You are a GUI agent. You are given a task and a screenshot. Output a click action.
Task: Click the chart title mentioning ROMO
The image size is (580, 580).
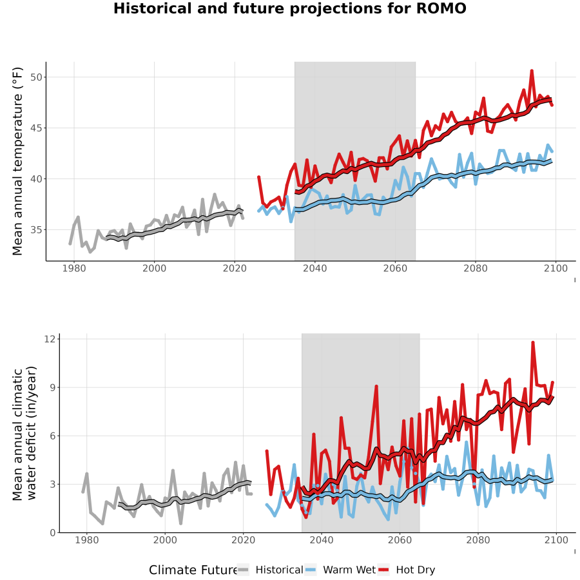point(289,8)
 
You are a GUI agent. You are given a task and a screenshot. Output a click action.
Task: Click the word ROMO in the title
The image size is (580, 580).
point(441,8)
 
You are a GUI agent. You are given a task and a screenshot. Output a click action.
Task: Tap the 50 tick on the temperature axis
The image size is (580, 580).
point(37,77)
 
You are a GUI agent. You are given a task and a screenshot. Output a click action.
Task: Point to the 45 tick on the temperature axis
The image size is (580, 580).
point(37,128)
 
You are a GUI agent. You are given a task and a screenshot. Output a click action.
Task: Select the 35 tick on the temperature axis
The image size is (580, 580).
point(37,229)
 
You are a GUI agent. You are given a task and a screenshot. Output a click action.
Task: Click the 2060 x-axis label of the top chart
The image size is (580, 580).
point(395,268)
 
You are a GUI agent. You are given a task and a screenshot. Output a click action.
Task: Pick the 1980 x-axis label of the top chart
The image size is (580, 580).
point(74,268)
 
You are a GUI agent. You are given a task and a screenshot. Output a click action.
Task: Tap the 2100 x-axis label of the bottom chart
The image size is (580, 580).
point(556,540)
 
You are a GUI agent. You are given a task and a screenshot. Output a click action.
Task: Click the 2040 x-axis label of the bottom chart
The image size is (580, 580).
point(322,540)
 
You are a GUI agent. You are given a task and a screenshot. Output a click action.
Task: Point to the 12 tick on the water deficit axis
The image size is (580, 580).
point(50,339)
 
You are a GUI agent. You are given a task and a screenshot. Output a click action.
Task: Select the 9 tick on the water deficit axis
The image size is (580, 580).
point(53,388)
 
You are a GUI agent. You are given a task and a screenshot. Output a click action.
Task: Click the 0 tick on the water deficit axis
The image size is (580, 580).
point(53,533)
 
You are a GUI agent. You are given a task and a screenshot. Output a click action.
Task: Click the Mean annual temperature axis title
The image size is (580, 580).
point(17,161)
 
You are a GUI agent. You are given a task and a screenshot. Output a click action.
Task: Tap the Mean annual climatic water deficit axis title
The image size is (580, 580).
point(24,433)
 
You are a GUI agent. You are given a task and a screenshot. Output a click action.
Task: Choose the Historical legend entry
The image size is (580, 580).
point(271,570)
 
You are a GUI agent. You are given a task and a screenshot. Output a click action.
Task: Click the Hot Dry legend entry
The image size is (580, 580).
point(407,570)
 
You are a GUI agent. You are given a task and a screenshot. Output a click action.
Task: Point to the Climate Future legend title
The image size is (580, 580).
point(193,570)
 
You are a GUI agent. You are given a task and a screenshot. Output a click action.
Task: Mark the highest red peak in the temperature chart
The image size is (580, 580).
point(532,70)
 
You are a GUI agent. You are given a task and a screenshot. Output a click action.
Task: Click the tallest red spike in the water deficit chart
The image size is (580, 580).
point(533,342)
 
